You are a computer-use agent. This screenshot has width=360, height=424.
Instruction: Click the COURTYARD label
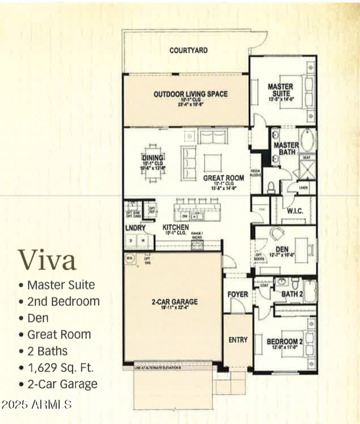pos(189,50)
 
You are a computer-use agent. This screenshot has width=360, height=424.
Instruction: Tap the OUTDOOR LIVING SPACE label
pos(190,94)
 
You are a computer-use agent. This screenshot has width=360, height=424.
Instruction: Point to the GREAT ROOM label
pos(224,178)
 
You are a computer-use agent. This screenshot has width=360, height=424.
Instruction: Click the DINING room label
pos(153,158)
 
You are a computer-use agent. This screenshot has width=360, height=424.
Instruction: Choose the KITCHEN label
pos(175,228)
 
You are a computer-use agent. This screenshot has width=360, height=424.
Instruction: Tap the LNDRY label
pos(135,228)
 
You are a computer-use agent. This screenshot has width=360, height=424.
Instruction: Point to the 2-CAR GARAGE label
pos(174,302)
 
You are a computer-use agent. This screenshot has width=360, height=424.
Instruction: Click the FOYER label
pos(238,294)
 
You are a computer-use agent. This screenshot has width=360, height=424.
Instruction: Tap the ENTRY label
pos(238,340)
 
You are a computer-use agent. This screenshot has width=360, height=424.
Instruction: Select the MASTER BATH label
pos(286,149)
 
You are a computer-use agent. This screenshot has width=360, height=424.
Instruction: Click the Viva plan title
pos(47,260)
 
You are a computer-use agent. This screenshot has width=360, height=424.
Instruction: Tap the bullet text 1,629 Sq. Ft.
pos(60,367)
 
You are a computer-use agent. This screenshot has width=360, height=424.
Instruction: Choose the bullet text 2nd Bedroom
pos(63,301)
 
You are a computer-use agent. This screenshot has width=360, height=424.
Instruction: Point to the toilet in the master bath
pos(271,186)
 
